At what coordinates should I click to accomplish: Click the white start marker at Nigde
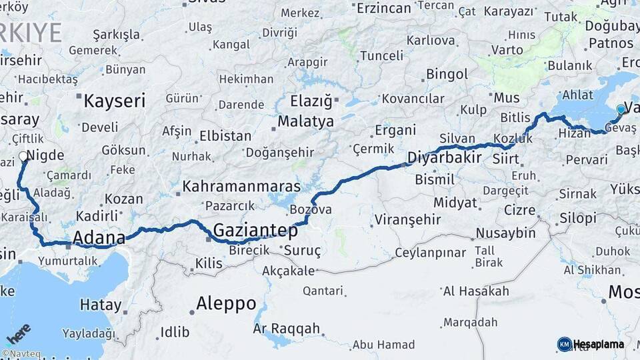coord(23,157)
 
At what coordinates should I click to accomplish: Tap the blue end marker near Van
coord(621,109)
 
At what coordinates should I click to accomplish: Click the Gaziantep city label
coord(255,231)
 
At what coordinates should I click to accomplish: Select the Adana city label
coord(99,238)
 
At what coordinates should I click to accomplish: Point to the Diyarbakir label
coord(444,159)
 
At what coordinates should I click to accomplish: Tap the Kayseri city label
coord(114,101)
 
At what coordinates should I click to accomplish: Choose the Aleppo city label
coord(226,303)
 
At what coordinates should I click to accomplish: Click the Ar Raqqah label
coord(287,329)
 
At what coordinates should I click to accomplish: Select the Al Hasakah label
coord(476,291)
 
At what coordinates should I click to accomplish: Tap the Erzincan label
coord(383,9)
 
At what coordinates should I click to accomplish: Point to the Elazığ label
coord(311,101)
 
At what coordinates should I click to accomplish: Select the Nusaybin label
coord(505,233)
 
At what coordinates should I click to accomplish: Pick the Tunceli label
coord(381,56)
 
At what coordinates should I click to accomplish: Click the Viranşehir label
coord(407,219)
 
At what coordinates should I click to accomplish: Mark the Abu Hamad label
coord(383,345)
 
